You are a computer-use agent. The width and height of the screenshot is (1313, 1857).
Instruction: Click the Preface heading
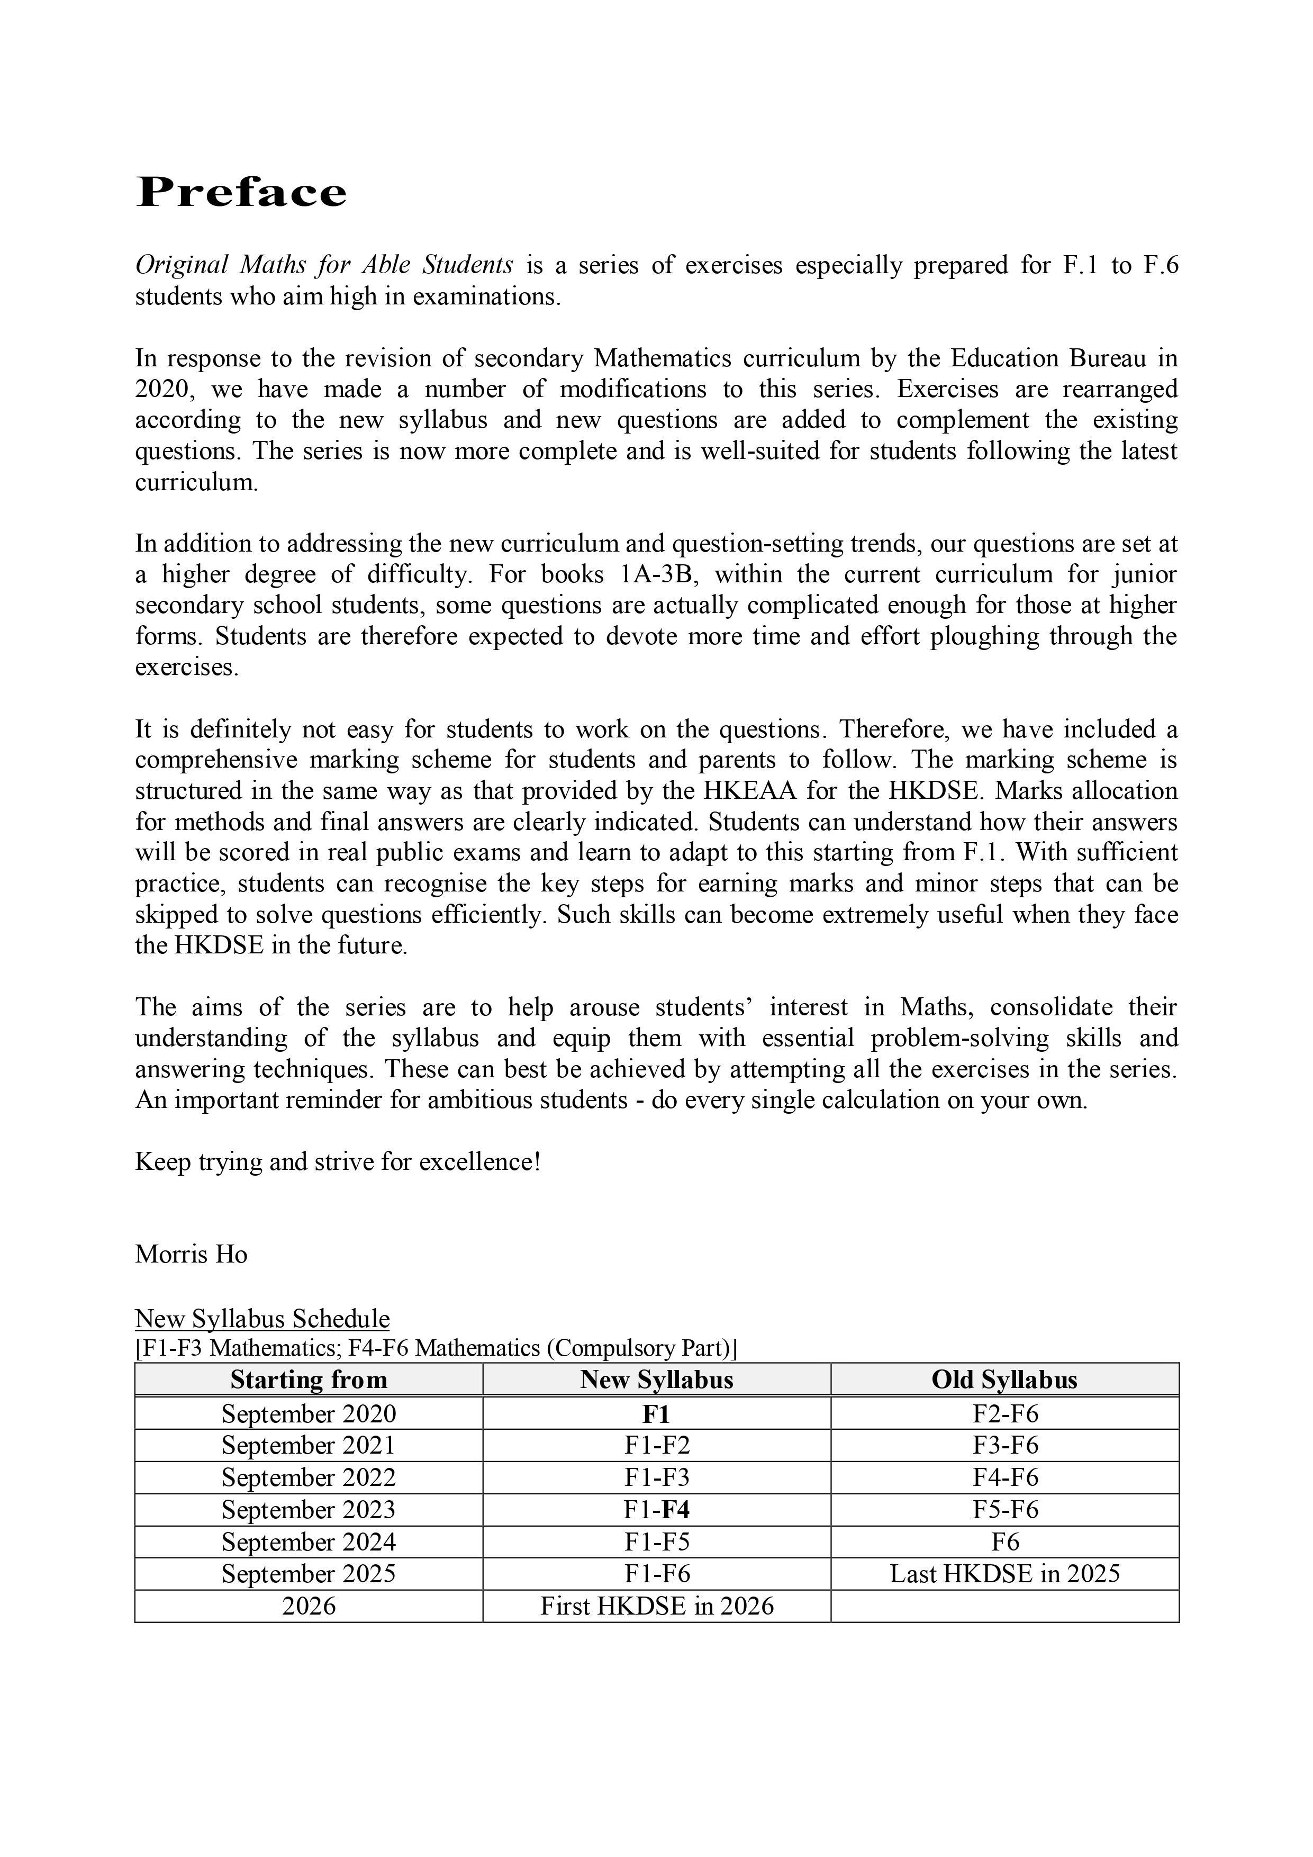[x=241, y=193]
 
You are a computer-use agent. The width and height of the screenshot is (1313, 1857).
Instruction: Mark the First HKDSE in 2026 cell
[x=656, y=1606]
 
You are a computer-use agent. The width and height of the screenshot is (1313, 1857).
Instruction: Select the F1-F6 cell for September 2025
[x=656, y=1573]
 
